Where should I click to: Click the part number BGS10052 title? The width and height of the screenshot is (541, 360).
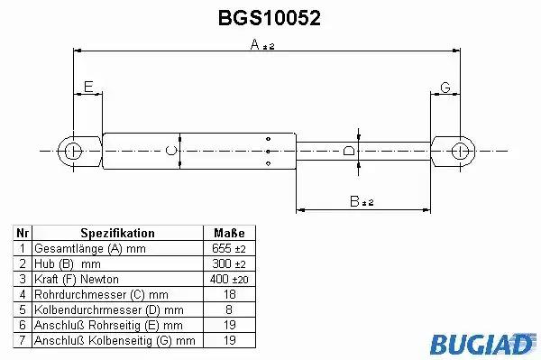(270, 18)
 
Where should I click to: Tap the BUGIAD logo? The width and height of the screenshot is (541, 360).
(482, 344)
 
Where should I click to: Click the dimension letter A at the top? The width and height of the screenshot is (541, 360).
(255, 44)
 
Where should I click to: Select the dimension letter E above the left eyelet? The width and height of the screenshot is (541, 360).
(88, 87)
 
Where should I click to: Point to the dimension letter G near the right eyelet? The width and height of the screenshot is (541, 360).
(445, 88)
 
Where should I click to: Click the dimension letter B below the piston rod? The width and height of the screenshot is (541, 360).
(354, 201)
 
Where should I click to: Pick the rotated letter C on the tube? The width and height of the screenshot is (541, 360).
(171, 151)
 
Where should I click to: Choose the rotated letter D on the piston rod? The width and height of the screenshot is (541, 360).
(349, 151)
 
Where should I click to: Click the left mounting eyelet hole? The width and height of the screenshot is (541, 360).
(73, 152)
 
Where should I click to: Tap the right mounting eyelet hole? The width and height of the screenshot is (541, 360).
(460, 152)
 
